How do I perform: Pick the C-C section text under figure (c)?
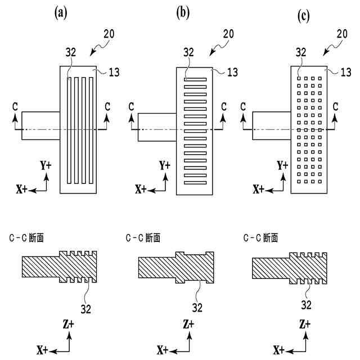pyautogui.click(x=260, y=238)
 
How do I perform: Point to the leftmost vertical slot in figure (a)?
pyautogui.click(x=69, y=130)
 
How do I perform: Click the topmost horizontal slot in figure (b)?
pyautogui.click(x=195, y=79)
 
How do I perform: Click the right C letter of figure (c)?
pyautogui.click(x=336, y=106)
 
